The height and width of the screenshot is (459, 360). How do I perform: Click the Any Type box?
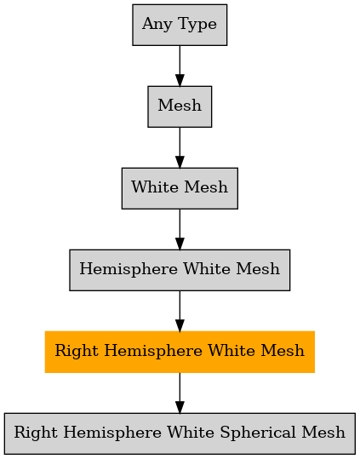click(180, 25)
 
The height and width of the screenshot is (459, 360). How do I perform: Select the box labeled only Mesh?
click(180, 106)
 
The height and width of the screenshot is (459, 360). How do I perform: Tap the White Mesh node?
click(180, 188)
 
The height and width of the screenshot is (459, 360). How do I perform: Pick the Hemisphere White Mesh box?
click(180, 270)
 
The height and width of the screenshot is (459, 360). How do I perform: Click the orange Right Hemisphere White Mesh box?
click(180, 352)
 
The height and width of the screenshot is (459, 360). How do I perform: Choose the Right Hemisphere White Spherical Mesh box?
click(180, 433)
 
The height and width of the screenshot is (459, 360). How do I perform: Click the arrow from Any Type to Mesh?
click(180, 66)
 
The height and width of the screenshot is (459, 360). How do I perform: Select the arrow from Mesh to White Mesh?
click(180, 147)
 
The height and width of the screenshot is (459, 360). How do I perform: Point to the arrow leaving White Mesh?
click(180, 229)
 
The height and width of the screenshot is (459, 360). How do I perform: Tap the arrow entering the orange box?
click(180, 311)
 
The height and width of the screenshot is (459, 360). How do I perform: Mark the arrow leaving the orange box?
click(180, 393)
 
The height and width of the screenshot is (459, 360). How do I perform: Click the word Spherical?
click(259, 433)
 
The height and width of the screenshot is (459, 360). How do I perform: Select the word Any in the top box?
click(157, 25)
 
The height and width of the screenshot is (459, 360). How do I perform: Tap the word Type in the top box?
click(197, 25)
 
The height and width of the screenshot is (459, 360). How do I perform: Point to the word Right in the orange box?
click(77, 351)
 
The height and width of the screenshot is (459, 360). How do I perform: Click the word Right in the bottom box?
click(36, 433)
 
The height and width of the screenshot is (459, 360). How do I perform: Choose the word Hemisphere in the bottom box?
click(112, 433)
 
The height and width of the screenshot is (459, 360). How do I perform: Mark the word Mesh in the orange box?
click(283, 350)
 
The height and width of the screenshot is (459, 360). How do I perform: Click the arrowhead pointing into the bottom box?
click(180, 407)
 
